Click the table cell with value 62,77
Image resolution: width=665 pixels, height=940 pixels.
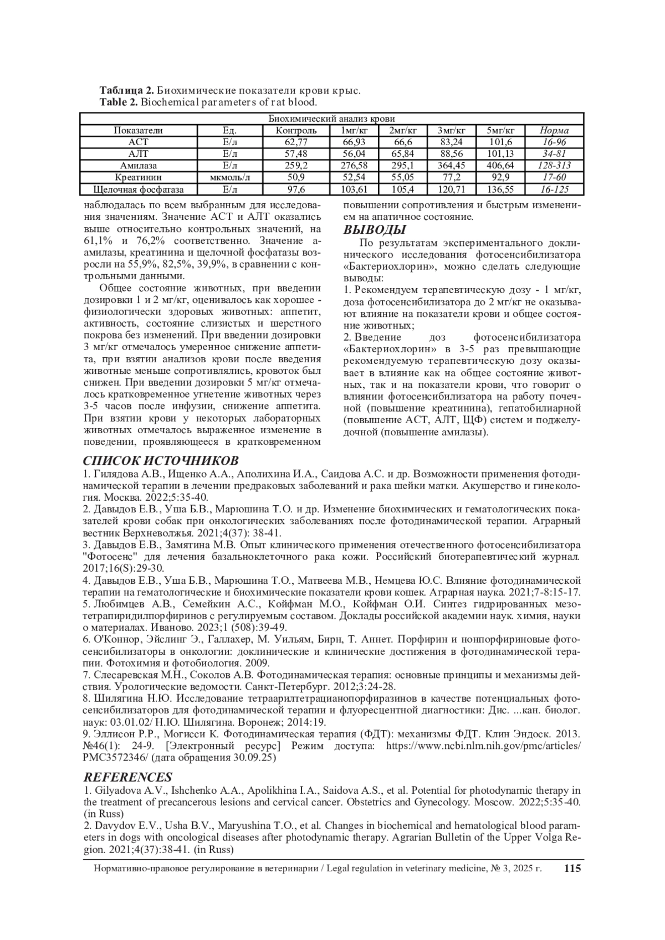tap(296, 142)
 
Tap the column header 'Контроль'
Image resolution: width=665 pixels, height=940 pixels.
tap(296, 131)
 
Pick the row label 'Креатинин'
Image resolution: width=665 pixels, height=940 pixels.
tap(139, 178)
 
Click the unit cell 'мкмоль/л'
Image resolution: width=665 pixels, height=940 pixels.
tap(229, 178)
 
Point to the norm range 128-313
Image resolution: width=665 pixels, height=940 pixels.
tap(555, 166)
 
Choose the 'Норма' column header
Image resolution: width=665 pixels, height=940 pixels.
tap(555, 131)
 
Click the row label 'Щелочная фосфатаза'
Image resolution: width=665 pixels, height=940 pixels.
tap(139, 189)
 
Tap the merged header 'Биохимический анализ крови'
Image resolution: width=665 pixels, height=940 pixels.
tap(331, 119)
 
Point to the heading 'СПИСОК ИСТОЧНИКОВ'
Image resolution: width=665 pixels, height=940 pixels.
tap(161, 461)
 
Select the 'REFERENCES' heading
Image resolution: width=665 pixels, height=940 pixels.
tap(127, 777)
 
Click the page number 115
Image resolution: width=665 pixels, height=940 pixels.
tap(572, 869)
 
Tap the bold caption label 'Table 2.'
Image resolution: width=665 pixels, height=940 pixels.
tap(119, 102)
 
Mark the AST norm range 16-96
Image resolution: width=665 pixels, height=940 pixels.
tap(555, 142)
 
